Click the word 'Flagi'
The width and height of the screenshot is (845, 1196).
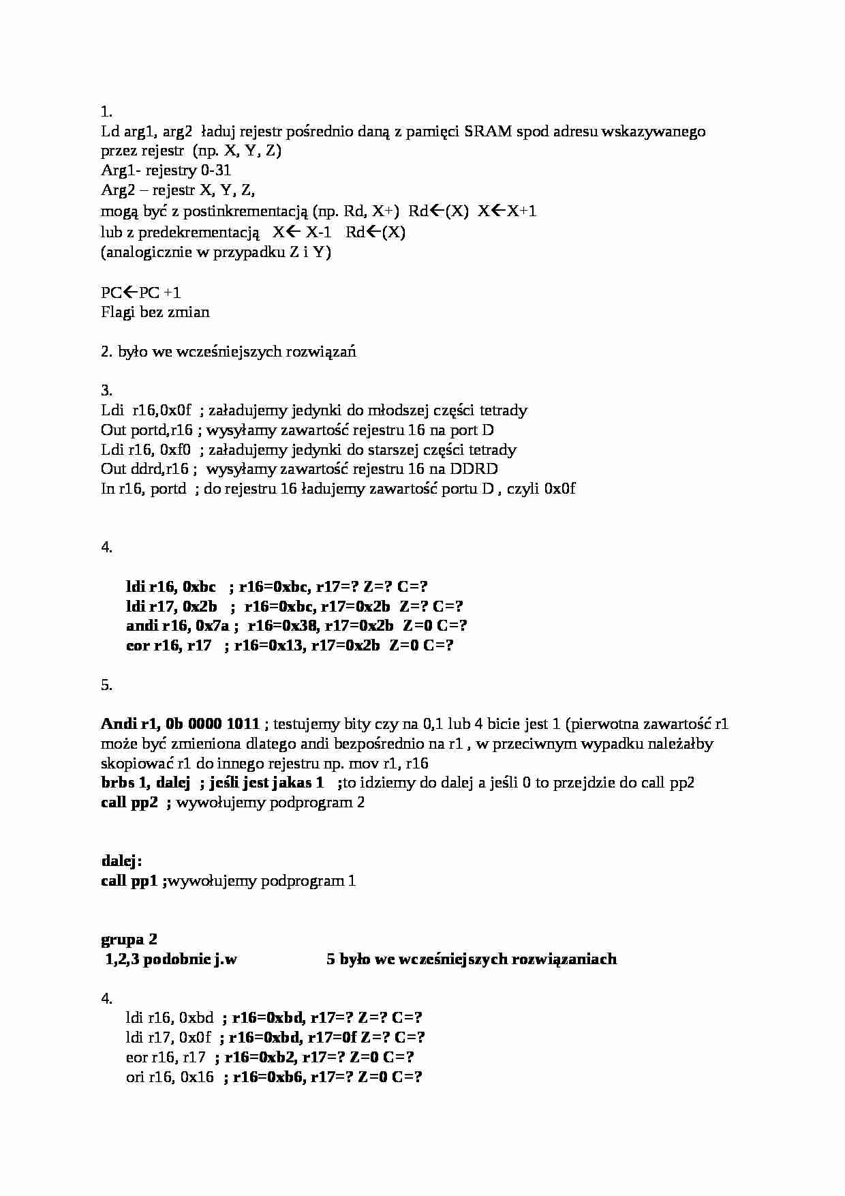(119, 312)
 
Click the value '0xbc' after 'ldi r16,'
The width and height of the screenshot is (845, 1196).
(199, 587)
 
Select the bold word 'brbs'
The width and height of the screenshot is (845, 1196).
(118, 783)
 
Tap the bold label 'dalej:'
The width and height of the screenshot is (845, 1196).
(121, 861)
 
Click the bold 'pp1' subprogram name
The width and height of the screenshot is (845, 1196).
(144, 881)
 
